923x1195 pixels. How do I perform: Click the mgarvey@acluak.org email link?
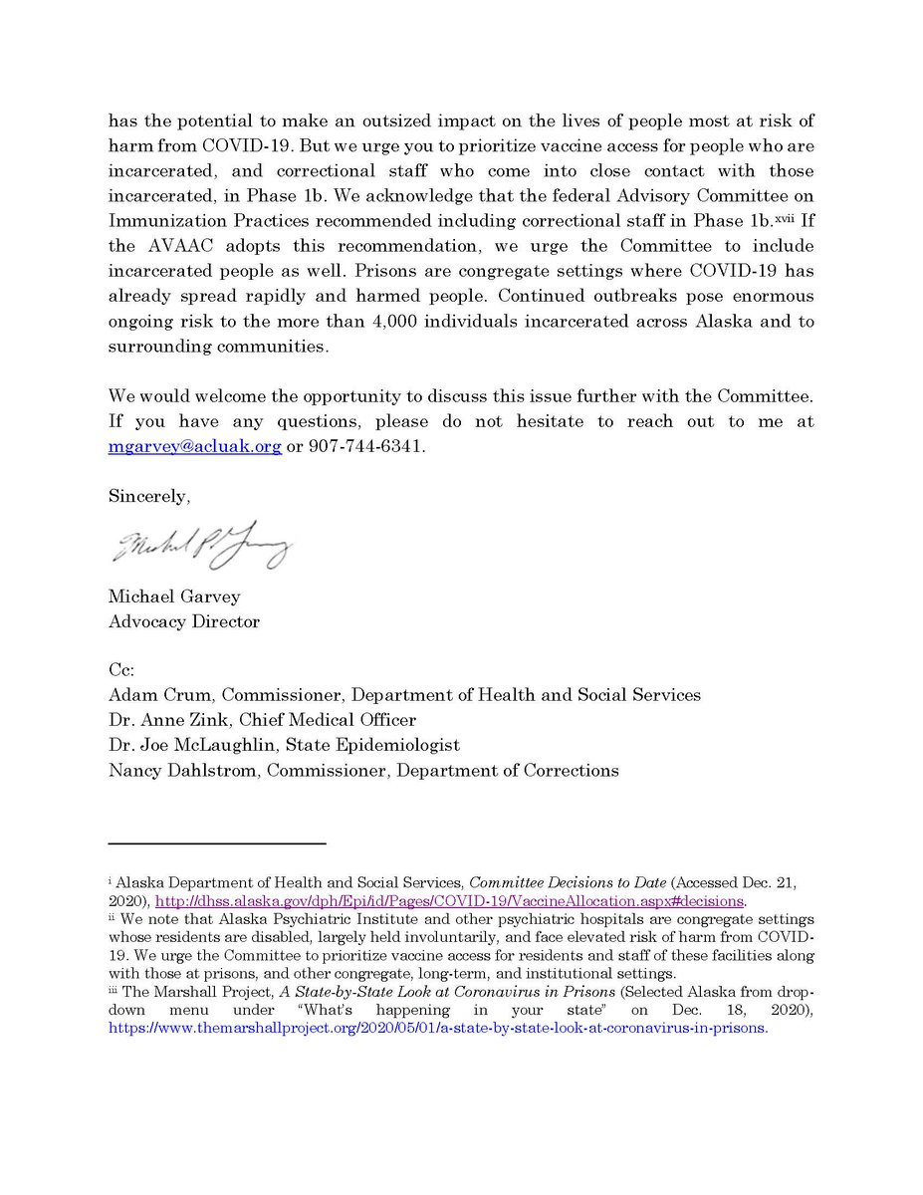coord(194,448)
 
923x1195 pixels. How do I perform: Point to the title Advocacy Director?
coord(184,622)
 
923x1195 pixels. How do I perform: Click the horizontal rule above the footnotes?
coord(216,843)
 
